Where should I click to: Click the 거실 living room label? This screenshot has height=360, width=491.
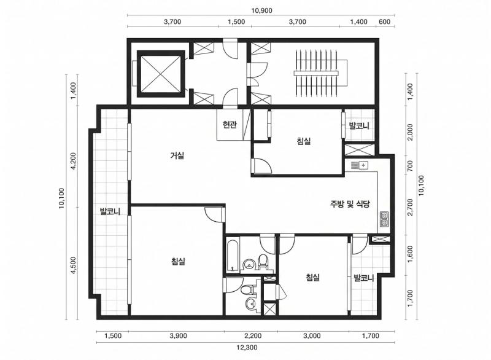177,155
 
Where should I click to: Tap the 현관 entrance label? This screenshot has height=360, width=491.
230,125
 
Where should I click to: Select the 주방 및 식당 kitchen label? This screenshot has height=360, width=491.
350,204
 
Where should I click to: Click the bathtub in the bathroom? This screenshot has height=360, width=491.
233,255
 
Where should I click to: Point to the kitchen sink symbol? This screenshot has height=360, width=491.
360,165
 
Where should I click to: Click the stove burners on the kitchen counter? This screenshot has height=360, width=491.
384,219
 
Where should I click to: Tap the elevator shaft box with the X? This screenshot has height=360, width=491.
160,74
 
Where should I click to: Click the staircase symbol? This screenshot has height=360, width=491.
316,73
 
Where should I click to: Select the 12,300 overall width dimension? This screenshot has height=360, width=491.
247,348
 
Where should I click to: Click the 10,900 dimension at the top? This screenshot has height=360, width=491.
262,10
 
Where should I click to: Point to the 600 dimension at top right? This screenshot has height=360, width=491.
385,22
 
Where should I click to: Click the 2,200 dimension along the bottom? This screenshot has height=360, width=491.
253,336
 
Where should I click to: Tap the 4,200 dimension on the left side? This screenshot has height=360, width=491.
74,161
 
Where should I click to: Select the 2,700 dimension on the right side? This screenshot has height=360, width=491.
410,207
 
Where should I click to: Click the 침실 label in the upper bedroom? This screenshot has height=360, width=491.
304,141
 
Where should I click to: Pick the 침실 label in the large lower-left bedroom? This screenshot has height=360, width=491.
179,261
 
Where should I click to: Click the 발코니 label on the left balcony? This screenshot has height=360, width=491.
110,211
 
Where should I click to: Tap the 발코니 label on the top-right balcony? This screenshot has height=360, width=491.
359,126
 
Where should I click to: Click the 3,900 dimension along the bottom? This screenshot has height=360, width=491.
178,336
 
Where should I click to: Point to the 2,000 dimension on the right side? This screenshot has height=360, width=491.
410,132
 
